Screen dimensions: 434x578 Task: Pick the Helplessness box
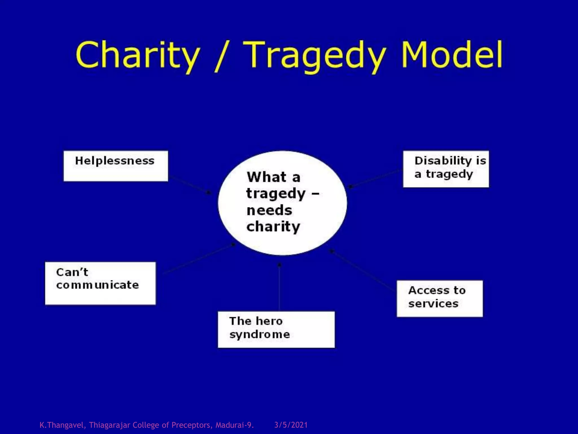116,166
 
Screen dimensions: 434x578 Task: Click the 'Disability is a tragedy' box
446,169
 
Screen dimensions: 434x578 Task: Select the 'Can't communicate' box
100,283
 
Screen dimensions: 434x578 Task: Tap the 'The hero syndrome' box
276,329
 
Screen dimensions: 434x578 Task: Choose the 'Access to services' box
439,298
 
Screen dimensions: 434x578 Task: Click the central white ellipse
282,203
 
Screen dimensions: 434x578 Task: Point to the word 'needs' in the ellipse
269,211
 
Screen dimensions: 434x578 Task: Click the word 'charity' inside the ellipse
273,227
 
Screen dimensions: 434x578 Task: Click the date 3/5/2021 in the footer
291,425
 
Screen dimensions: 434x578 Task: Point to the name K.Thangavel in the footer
62,425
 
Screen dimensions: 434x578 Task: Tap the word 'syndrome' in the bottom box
260,335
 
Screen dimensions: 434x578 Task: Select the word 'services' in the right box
433,304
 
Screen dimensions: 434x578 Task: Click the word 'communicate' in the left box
98,285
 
